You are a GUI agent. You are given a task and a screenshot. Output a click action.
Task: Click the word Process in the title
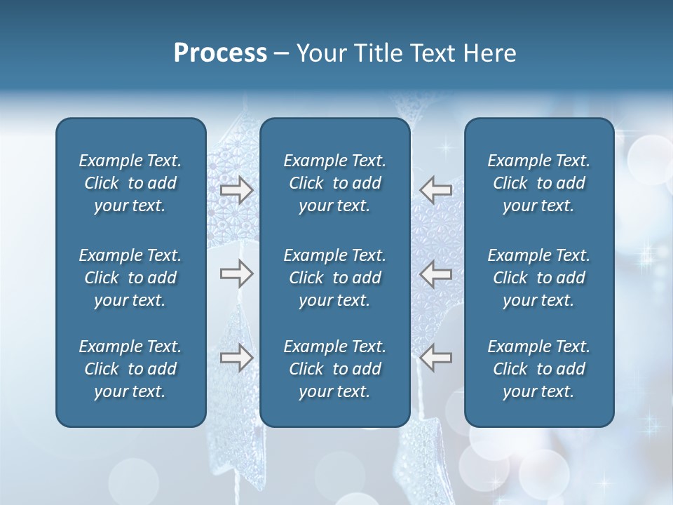pos(220,53)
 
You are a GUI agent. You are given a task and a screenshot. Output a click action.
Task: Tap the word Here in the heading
pos(489,53)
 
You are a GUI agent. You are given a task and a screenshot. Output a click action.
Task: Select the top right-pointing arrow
pos(236,190)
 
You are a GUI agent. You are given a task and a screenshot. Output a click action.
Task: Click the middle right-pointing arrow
pos(236,274)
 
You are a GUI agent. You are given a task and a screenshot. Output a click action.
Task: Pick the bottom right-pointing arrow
pos(236,358)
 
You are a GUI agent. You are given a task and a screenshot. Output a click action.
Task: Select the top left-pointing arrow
pos(435,190)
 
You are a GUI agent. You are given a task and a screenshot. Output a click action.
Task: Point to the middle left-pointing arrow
pos(435,274)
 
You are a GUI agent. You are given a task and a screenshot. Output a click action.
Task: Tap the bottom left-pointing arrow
pos(435,358)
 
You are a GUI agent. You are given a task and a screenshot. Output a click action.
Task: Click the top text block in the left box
pos(130,183)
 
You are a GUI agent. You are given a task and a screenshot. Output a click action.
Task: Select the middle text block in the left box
pos(130,278)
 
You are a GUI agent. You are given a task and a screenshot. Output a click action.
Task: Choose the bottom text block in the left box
pos(130,369)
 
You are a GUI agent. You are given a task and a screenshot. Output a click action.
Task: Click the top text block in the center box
pos(334,183)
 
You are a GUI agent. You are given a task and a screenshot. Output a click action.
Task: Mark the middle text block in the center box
pos(334,278)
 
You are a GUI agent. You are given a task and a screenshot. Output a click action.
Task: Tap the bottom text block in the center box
pos(334,369)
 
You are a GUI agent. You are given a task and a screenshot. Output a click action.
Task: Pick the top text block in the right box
pos(538,183)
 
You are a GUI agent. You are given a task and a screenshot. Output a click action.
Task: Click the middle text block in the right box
pos(538,278)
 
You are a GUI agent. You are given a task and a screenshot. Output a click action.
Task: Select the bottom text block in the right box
pos(538,369)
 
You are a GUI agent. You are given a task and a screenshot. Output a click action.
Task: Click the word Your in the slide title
pos(320,53)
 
